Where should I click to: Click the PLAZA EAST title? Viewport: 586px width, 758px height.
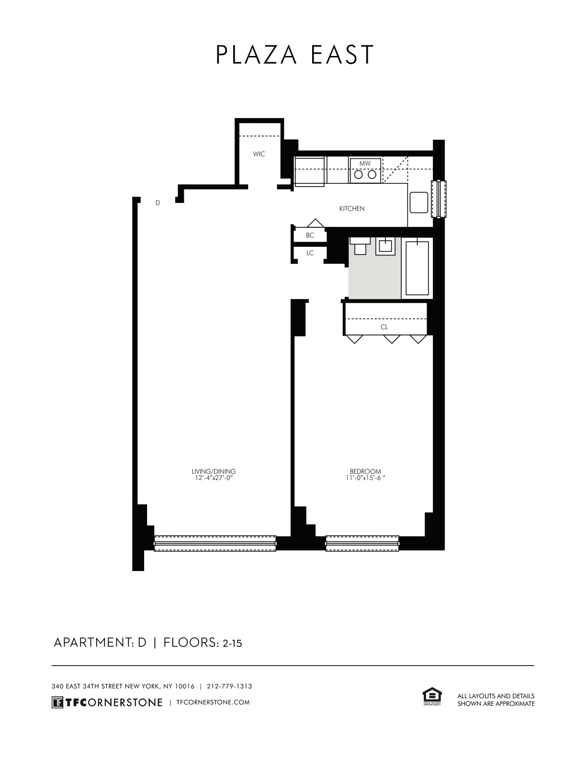coord(294,55)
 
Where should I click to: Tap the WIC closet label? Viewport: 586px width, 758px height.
coord(259,154)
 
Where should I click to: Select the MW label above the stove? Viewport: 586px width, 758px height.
coord(365,164)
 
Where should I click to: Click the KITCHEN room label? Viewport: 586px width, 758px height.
coord(352,209)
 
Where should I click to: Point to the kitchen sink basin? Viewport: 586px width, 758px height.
coord(418,202)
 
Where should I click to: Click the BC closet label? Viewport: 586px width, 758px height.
coord(310,235)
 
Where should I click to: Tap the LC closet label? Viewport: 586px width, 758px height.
coord(310,253)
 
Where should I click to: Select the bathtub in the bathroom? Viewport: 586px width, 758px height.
coord(417,268)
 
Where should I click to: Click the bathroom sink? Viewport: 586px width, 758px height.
coord(385,246)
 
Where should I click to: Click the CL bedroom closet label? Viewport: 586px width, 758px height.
coord(384,327)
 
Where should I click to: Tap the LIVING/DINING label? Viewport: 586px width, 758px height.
coord(214,471)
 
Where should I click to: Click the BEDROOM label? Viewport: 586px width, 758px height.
coord(365,471)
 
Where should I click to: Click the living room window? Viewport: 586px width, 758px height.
coord(215,543)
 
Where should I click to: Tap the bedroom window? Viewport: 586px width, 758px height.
coord(362,543)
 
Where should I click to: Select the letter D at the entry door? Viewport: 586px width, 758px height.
coord(158,203)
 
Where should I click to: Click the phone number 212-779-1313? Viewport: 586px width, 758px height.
coord(229,686)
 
